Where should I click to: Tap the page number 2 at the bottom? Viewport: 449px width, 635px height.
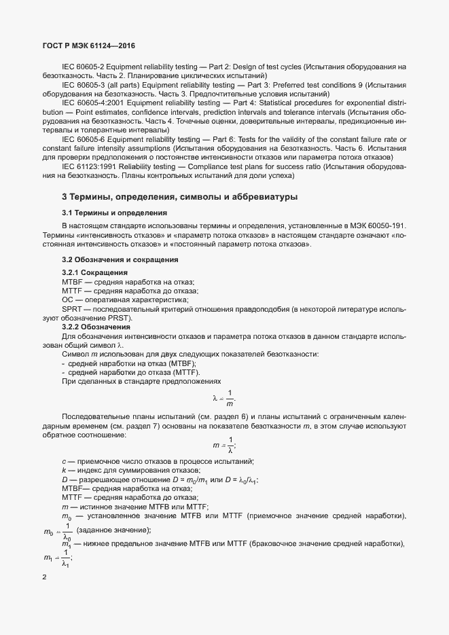tap(44, 577)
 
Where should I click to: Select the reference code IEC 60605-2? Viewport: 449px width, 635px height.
tap(86, 67)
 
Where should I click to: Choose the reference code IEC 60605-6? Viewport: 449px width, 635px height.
tap(86, 139)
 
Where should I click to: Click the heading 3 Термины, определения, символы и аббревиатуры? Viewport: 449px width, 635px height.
tap(179, 197)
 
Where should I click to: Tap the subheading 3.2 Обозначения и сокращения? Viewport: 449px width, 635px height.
tap(111, 259)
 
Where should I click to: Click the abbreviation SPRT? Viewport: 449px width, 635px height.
tap(71, 308)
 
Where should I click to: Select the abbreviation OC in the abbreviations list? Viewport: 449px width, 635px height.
tap(67, 300)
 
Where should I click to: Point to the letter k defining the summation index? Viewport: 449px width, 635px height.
tap(63, 470)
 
